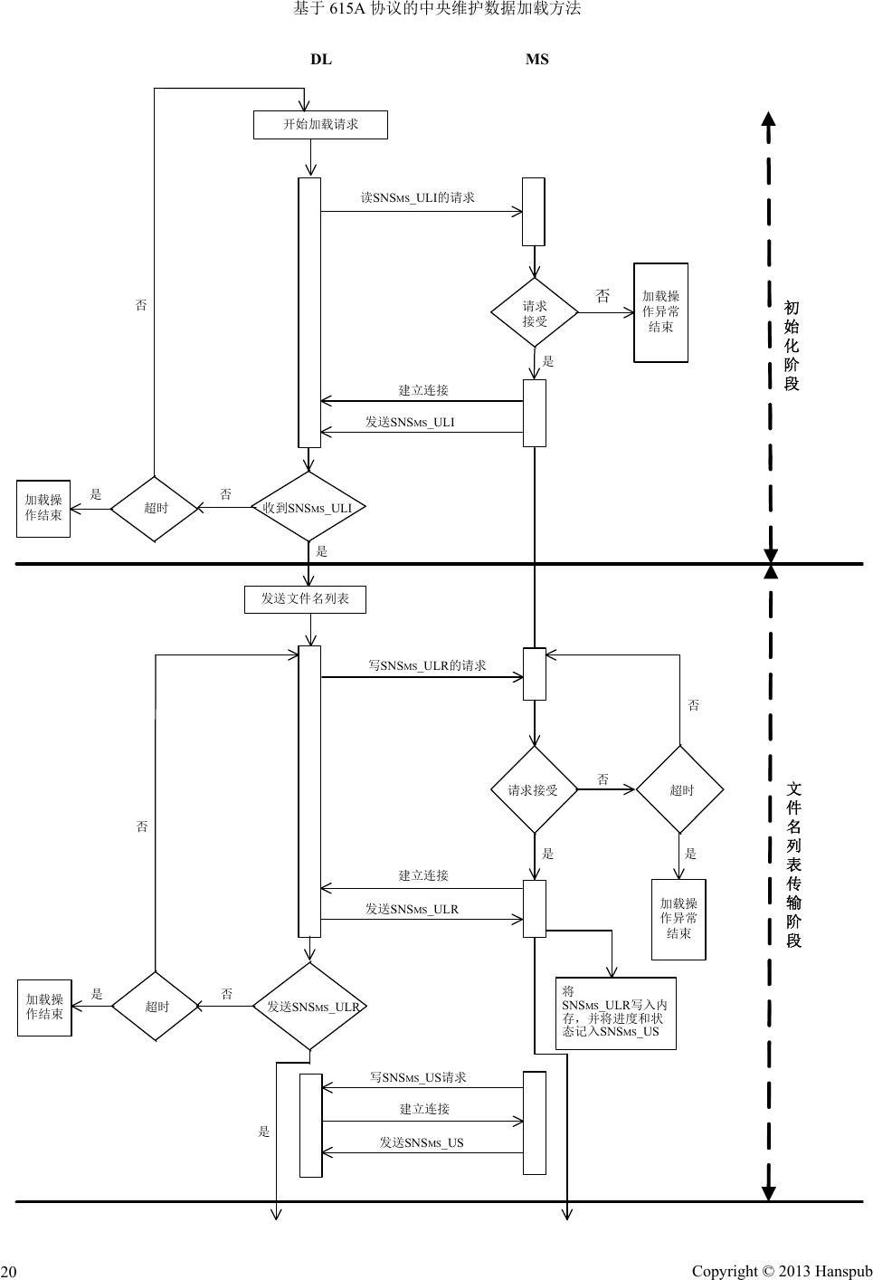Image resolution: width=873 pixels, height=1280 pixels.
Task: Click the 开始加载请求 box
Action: click(320, 125)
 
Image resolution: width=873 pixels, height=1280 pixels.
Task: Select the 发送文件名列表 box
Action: click(305, 599)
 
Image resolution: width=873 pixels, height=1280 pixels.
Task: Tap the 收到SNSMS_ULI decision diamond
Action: click(309, 508)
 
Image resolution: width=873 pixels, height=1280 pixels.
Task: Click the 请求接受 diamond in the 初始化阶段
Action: click(535, 312)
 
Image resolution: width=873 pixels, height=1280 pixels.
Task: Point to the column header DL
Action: click(321, 60)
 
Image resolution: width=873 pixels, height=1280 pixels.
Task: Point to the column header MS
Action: click(536, 60)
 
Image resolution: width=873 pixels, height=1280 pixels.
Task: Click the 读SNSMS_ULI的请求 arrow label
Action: click(417, 197)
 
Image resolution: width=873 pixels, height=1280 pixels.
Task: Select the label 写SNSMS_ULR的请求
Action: click(427, 665)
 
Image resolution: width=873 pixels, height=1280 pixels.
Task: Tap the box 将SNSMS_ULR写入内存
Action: click(615, 1013)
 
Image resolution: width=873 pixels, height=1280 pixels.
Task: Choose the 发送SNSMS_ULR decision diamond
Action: click(310, 1007)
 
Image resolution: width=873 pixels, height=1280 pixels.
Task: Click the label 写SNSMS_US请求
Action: click(418, 1077)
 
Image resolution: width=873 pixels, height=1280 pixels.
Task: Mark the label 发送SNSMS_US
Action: click(422, 1142)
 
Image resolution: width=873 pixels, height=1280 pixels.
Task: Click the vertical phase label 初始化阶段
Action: click(792, 346)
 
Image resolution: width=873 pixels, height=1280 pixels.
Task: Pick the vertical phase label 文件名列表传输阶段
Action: click(793, 864)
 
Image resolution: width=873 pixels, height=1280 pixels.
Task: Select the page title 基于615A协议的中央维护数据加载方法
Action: click(437, 9)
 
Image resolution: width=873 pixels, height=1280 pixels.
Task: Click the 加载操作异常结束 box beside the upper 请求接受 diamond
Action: click(660, 312)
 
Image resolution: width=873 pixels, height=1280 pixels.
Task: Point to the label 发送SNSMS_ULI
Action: click(410, 422)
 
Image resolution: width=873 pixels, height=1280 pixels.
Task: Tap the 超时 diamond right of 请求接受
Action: click(680, 790)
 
